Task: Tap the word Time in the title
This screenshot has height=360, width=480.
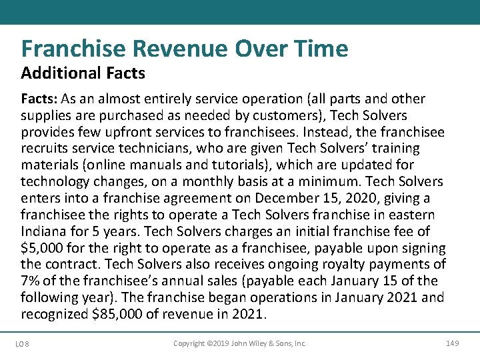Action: tap(319, 49)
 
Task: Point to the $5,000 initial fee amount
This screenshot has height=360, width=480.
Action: tap(43, 248)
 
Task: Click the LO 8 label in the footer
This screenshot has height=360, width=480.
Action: tap(23, 344)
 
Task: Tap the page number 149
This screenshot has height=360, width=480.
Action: tap(452, 344)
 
